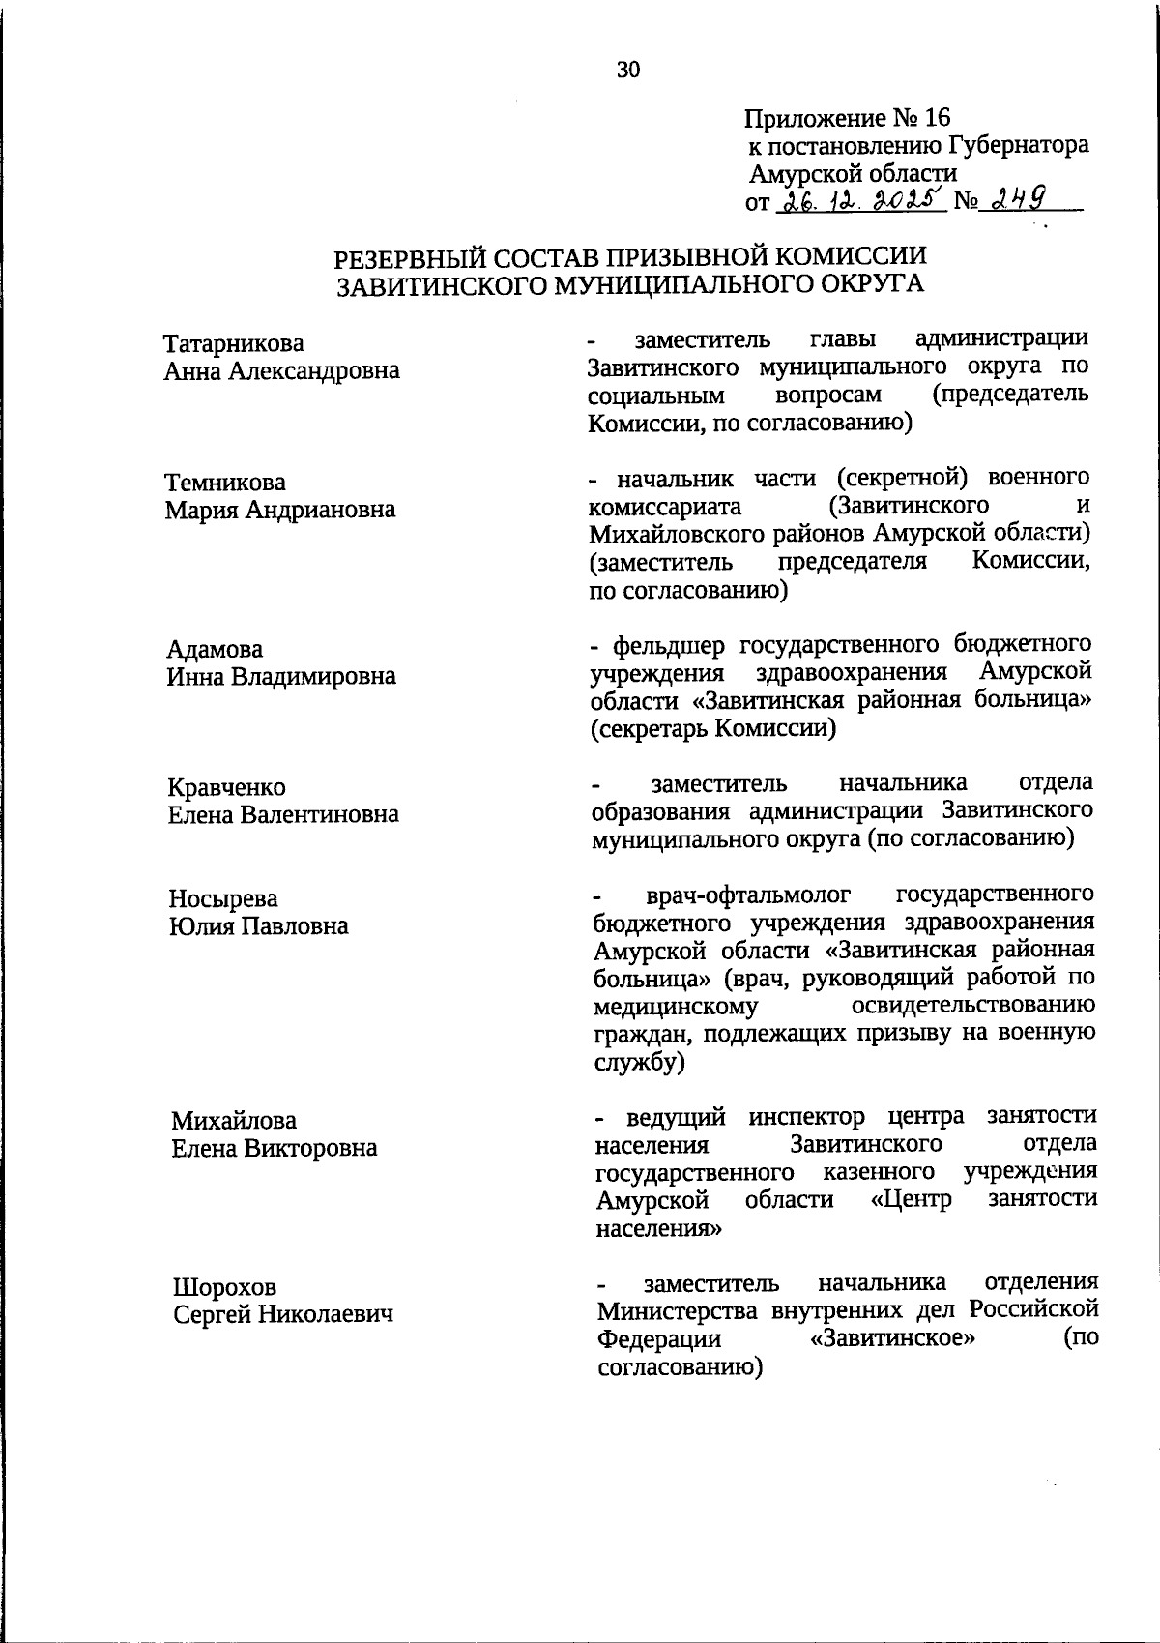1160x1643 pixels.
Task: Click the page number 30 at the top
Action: tap(627, 70)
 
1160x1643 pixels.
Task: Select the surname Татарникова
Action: tap(233, 344)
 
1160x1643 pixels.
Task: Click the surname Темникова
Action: tap(225, 483)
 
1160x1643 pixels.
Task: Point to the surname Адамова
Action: tap(215, 649)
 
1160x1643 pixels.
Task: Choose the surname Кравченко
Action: tap(227, 788)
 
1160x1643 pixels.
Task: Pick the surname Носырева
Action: tap(223, 899)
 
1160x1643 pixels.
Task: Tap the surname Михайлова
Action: tap(234, 1122)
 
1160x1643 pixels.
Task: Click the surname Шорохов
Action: tap(224, 1288)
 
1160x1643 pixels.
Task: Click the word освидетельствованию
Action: tap(974, 1006)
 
